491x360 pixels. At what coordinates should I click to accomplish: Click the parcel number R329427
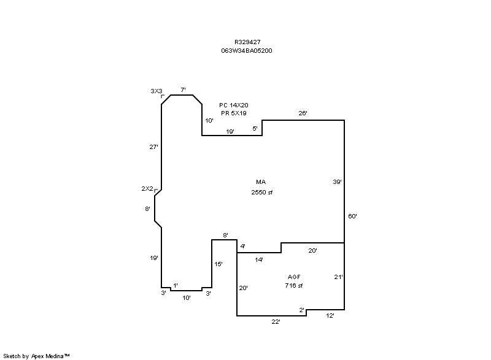point(247,42)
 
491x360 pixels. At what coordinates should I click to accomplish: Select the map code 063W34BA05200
point(247,51)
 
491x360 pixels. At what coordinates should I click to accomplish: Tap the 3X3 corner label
point(157,91)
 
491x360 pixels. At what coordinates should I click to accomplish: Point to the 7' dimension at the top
point(183,90)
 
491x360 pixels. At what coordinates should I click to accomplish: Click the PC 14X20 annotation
point(234,105)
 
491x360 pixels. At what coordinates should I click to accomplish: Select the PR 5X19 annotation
point(234,113)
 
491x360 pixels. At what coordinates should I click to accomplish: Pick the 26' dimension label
point(303,113)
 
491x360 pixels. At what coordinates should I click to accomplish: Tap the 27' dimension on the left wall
point(153,147)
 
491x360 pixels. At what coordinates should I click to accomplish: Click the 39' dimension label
point(337,182)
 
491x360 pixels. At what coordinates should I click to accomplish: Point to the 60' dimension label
point(352,216)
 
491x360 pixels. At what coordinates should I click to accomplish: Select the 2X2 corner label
point(147,189)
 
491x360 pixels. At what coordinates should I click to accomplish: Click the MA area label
point(261,182)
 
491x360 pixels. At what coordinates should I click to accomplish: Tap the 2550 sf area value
point(262,193)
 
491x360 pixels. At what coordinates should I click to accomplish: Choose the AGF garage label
point(294,277)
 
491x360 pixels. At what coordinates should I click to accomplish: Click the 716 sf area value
point(294,285)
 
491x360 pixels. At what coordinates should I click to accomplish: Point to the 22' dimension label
point(276,322)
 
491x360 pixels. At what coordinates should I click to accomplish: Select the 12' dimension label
point(330,316)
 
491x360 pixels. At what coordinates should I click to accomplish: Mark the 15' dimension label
point(218,264)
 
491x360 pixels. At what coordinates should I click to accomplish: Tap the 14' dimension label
point(259,259)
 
